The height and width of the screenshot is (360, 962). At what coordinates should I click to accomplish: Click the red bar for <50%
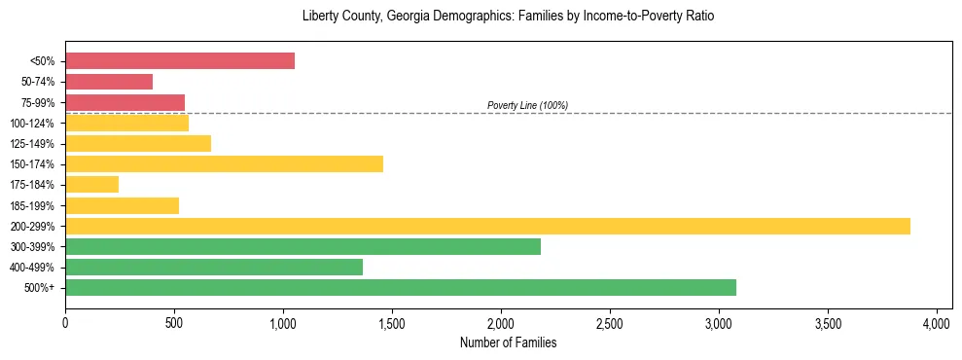[180, 61]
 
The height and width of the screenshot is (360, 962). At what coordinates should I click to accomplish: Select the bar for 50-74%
[109, 82]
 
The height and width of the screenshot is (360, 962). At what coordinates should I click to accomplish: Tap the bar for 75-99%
[125, 102]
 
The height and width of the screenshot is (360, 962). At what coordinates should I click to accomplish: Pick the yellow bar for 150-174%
[224, 164]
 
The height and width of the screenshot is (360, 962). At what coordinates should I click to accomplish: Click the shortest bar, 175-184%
[91, 185]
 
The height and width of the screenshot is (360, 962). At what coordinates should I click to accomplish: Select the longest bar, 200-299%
[487, 226]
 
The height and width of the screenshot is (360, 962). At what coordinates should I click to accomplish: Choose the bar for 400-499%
[214, 268]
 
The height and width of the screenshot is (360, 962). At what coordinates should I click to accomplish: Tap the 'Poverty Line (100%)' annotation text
[527, 105]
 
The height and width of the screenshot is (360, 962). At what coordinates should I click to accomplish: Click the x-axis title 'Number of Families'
[508, 342]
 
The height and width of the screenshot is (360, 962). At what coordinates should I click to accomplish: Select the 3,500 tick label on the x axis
[828, 323]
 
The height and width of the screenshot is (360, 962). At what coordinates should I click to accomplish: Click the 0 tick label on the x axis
[65, 323]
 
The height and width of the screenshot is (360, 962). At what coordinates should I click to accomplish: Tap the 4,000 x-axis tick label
[937, 323]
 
